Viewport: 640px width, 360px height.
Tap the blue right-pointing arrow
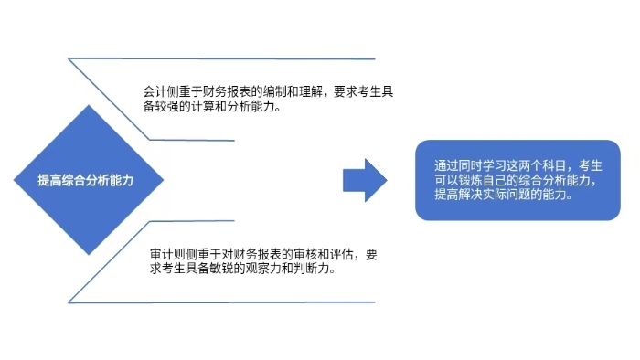[365, 180]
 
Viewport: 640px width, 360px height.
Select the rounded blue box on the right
[517, 180]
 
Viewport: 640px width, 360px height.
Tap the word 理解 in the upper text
[305, 91]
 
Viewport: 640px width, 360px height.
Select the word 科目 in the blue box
[551, 166]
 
